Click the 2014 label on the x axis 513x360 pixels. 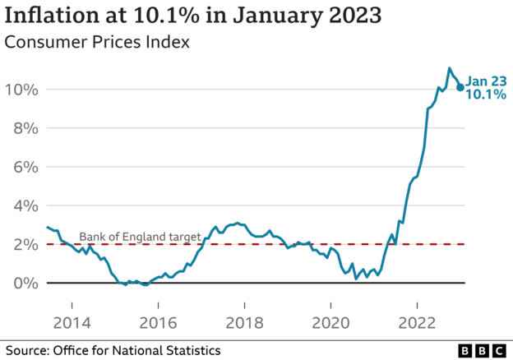(x=72, y=323)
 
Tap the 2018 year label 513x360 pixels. (x=245, y=323)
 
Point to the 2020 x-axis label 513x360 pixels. (x=331, y=323)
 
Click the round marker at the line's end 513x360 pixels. (x=460, y=86)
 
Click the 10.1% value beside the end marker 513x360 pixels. (x=485, y=95)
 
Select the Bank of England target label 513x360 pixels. (x=140, y=237)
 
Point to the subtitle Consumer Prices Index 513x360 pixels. (x=98, y=42)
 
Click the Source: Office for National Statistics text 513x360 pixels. (x=113, y=350)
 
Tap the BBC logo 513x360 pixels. (x=482, y=350)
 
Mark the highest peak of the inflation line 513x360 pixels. (x=449, y=68)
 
